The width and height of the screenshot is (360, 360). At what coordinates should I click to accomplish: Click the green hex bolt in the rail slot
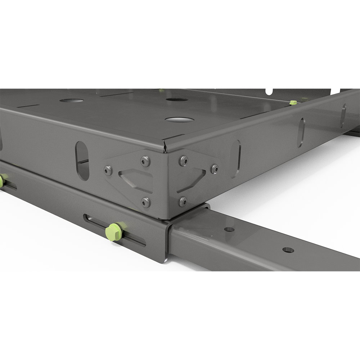click(114, 232)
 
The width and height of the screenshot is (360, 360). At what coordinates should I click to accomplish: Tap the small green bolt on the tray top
click(293, 103)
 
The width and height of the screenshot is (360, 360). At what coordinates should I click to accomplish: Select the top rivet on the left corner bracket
click(145, 161)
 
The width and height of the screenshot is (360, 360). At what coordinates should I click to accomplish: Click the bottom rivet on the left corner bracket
click(146, 202)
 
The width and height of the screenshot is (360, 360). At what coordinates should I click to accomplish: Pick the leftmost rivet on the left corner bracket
click(108, 170)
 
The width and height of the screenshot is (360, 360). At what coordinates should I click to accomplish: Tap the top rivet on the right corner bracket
click(184, 161)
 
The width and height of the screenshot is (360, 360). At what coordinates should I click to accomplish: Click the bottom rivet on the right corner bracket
click(183, 201)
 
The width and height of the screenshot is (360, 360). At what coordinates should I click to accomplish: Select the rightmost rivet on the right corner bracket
click(214, 168)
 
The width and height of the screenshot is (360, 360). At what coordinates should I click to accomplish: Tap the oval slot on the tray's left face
click(82, 161)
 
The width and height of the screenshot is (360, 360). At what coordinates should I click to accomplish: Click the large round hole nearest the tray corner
click(179, 119)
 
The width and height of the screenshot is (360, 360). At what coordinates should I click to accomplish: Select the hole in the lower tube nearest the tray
click(229, 229)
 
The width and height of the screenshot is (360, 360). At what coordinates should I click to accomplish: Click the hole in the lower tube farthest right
click(288, 250)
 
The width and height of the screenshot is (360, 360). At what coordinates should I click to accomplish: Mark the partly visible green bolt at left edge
click(1, 181)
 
